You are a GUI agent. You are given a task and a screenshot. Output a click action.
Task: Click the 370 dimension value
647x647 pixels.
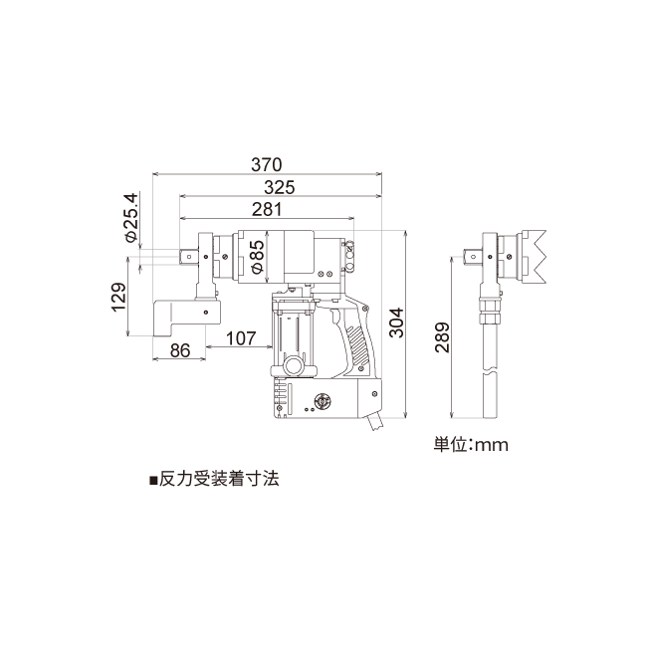(x=267, y=164)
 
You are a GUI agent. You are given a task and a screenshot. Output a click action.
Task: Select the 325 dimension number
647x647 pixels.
(x=280, y=187)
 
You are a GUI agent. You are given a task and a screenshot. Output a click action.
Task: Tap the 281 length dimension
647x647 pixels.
(x=267, y=210)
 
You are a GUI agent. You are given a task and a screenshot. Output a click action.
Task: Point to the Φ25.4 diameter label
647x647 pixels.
(x=131, y=217)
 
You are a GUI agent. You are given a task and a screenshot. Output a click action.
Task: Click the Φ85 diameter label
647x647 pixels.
(x=257, y=256)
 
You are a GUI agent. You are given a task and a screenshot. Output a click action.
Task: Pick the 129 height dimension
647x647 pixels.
(x=118, y=297)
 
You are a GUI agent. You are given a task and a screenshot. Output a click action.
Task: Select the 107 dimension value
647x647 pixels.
(x=241, y=338)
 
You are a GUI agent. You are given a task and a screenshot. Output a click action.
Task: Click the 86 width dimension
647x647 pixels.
(x=180, y=350)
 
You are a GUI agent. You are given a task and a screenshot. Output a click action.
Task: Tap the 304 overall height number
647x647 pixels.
(x=397, y=323)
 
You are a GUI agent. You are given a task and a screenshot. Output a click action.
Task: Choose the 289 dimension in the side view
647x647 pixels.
(x=442, y=337)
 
